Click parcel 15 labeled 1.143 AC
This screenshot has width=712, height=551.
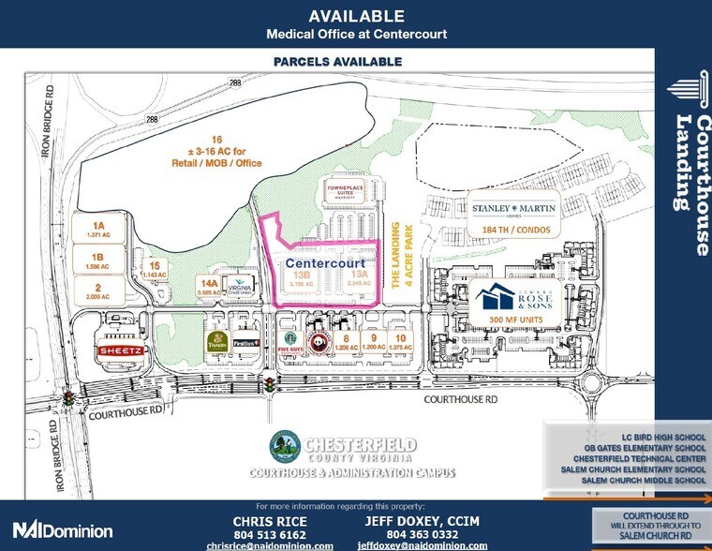pyautogui.click(x=154, y=269)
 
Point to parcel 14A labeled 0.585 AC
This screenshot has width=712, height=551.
pyautogui.click(x=208, y=286)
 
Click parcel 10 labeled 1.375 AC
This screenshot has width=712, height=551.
pyautogui.click(x=400, y=342)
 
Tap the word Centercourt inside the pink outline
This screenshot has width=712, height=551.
pyautogui.click(x=324, y=264)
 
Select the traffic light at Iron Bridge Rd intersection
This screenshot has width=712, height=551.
pyautogui.click(x=68, y=399)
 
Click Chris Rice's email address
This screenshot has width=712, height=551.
pyautogui.click(x=270, y=545)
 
